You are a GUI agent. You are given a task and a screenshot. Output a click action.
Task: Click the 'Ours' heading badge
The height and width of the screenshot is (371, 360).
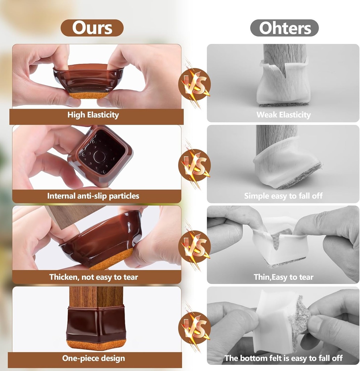(92, 28)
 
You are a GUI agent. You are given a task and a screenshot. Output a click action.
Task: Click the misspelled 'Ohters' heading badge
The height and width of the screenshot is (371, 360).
(284, 28)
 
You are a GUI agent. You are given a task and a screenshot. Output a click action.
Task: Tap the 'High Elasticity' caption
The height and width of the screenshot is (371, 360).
(93, 115)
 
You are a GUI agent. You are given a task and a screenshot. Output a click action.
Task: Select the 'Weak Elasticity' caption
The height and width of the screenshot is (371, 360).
(284, 115)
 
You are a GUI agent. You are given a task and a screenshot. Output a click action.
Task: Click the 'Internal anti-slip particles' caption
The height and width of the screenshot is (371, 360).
(93, 196)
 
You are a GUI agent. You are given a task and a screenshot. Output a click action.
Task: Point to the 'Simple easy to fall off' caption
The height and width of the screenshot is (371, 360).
(283, 196)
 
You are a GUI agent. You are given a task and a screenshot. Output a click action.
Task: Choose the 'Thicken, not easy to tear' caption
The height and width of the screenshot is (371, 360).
(93, 277)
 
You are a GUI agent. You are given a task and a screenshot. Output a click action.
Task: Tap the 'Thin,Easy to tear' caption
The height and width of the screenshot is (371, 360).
(284, 277)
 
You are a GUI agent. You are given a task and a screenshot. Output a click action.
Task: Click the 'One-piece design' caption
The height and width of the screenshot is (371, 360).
(93, 358)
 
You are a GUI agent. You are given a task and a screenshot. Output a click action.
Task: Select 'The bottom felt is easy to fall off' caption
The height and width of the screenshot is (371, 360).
(283, 358)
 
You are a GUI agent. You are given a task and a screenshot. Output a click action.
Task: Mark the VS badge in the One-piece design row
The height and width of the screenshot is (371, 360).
(195, 328)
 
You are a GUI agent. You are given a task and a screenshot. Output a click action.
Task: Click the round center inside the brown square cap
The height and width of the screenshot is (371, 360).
(99, 157)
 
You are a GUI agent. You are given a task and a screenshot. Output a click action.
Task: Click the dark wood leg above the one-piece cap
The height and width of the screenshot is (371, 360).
(96, 296)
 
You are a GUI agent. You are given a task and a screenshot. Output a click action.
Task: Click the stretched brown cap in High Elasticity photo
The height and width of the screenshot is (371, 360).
(89, 78)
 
